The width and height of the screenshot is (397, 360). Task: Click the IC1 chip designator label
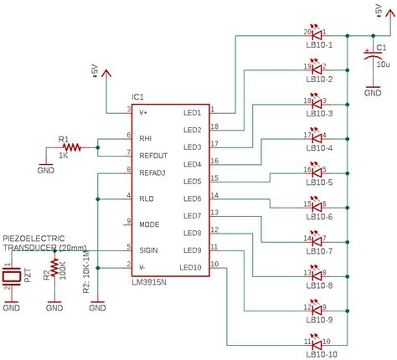click(140, 97)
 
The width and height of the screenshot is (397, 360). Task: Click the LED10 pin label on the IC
click(191, 268)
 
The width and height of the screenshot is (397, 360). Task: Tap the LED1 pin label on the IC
click(193, 113)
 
